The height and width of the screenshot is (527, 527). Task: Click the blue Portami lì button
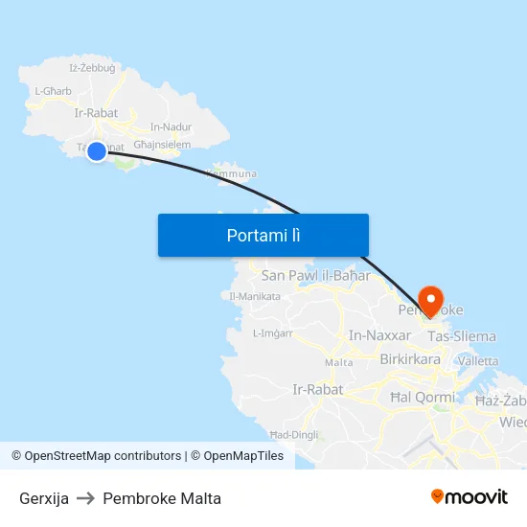(263, 235)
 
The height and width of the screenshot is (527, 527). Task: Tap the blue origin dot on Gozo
(97, 150)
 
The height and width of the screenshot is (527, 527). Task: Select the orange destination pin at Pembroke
(429, 300)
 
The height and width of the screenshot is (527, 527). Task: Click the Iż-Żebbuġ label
(93, 68)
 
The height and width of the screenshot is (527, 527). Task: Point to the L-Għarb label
(54, 91)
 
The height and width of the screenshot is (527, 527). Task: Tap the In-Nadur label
(171, 126)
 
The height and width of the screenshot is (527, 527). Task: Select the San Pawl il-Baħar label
(315, 276)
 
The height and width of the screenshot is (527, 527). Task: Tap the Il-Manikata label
(255, 296)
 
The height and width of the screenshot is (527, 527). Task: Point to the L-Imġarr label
(272, 333)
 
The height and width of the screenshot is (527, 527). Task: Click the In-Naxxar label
(380, 335)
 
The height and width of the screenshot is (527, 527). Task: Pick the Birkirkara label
(410, 359)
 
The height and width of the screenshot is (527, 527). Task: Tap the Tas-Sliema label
(462, 336)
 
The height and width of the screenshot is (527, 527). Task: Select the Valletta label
(478, 361)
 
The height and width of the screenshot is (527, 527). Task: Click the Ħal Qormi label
(423, 397)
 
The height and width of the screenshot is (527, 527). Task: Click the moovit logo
(470, 497)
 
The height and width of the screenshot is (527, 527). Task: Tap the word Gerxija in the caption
(44, 498)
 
